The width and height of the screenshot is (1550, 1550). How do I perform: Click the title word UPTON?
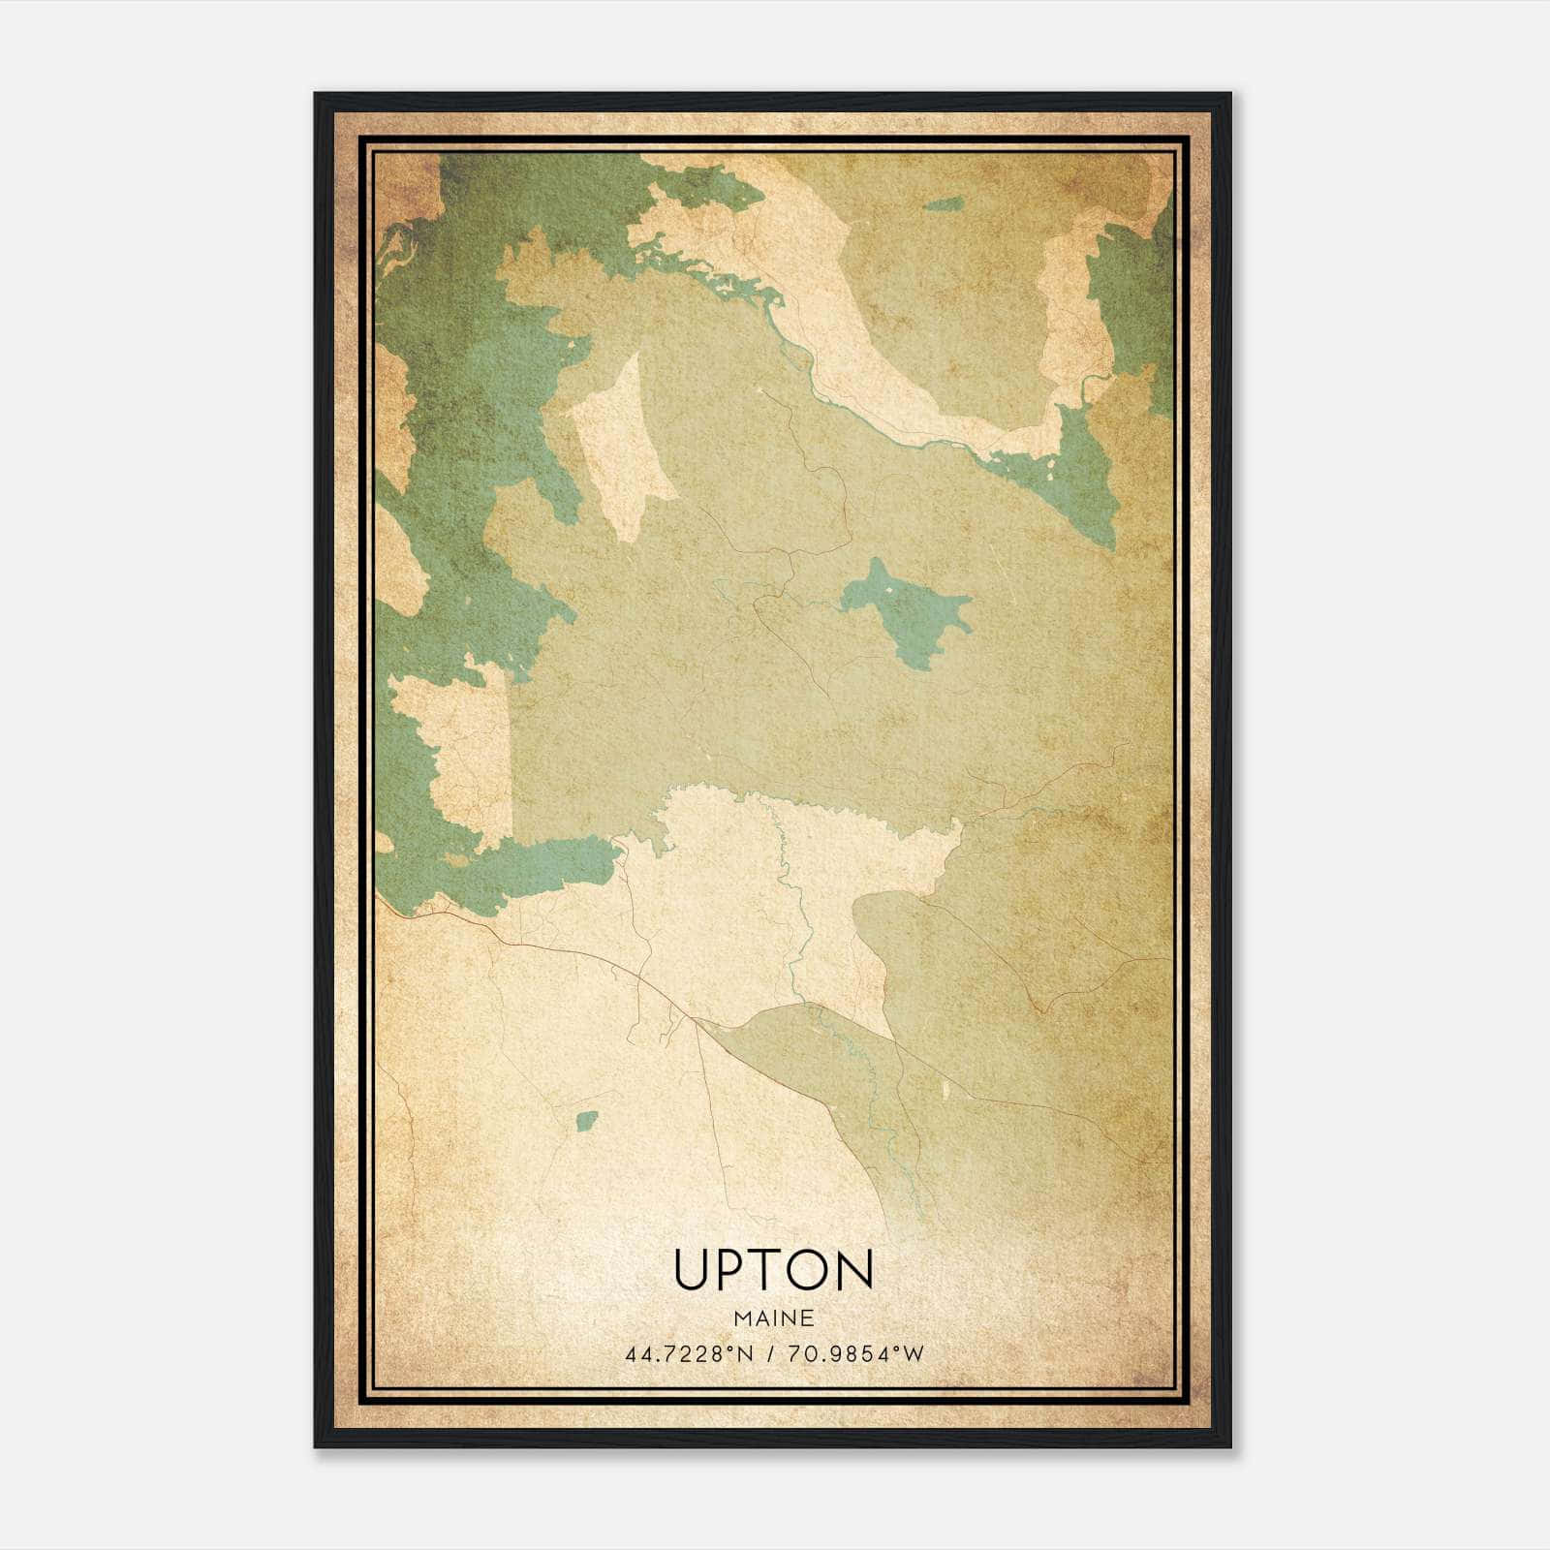coord(773,1270)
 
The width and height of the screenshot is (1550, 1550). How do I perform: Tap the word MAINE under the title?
coord(773,1317)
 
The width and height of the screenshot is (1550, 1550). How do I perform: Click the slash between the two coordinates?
coord(767,1354)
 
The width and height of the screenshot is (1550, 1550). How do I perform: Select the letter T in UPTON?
coord(764,1270)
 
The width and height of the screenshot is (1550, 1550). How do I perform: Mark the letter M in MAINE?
coord(742,1317)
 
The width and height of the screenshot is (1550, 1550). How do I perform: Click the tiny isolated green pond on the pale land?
coord(586,1121)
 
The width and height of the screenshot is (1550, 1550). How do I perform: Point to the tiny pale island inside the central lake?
coord(886,590)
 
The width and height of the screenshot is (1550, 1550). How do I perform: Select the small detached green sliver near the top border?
coord(944,204)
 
